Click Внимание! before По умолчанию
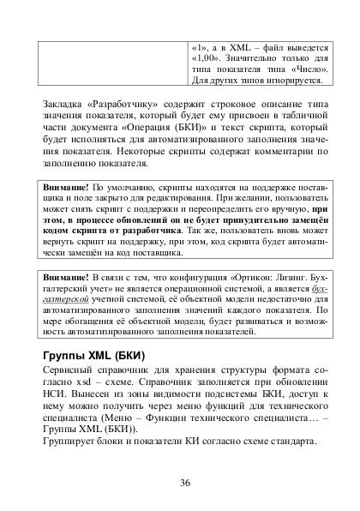pos(66,185)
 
